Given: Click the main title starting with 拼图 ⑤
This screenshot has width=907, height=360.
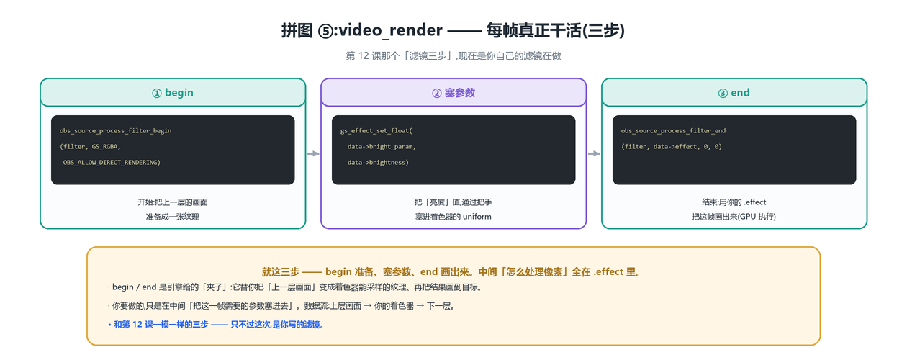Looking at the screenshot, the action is (x=453, y=30).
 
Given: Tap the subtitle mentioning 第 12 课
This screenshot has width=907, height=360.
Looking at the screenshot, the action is (x=453, y=56).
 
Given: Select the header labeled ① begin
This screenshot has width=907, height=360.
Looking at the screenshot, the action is (x=173, y=93).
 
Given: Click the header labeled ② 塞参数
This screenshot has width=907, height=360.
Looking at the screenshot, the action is (x=453, y=93).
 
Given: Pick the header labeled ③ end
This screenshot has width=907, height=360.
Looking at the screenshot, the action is (x=734, y=93).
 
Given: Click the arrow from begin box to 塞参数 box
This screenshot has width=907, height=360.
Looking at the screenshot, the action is (x=313, y=153).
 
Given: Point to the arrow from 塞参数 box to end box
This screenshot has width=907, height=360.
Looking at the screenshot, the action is (x=594, y=153).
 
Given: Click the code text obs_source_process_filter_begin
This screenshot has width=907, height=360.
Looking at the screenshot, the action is (x=115, y=131).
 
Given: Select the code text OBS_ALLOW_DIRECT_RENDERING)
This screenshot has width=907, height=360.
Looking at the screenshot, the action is (x=112, y=163).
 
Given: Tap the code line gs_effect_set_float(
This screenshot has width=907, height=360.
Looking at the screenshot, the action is (x=376, y=131).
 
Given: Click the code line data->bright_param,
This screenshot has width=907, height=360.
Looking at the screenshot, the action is (x=382, y=147).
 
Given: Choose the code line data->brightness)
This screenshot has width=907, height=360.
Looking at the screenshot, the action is (x=378, y=163).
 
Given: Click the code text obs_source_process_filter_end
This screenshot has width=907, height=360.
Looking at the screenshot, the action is (x=673, y=131).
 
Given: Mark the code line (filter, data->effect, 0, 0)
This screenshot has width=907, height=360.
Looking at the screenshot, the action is (x=672, y=147).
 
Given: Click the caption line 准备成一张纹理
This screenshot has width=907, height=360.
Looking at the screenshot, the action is (x=173, y=217).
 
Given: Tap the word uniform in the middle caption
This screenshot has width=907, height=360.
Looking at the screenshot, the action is (x=477, y=217).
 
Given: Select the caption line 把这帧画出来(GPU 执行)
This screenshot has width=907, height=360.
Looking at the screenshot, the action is (x=734, y=217).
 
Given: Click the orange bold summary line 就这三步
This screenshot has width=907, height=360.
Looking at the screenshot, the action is (x=453, y=271).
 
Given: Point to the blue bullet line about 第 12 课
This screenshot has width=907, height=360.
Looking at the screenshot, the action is (x=216, y=325).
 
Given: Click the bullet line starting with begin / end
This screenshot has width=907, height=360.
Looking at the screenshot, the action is (x=295, y=287).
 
